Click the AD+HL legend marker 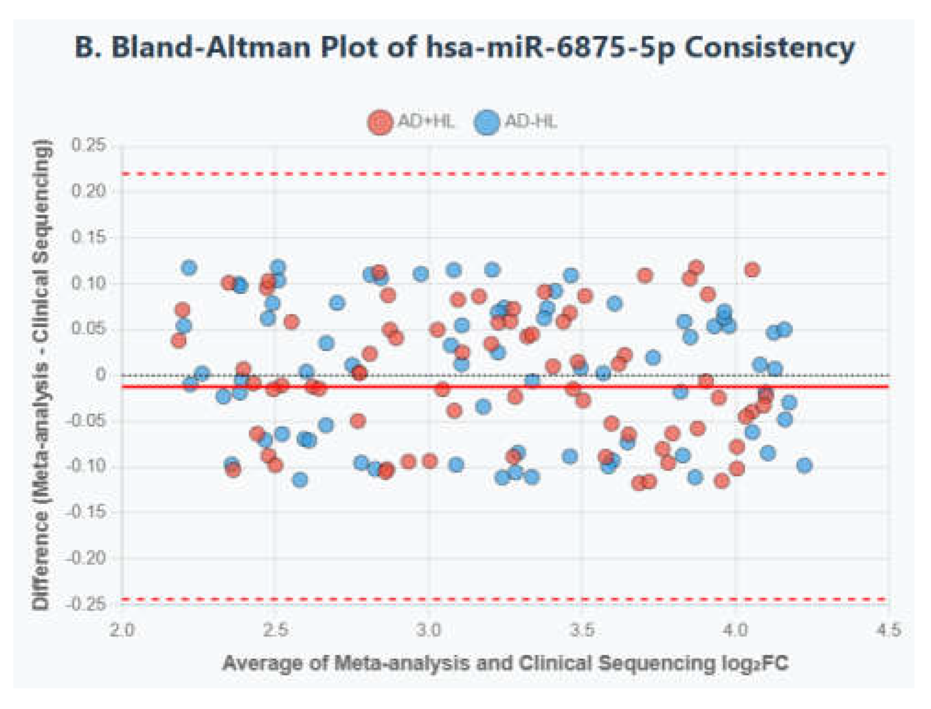380,122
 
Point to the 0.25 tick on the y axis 89,145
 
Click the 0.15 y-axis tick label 89,237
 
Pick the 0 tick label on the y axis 101,375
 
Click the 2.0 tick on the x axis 122,630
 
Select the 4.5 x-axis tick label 888,630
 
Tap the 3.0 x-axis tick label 428,630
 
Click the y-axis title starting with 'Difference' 41,375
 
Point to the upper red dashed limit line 505,174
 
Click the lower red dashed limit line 505,599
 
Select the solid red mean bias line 505,387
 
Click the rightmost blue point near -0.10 804,465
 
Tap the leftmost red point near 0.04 178,341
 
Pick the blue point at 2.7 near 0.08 337,303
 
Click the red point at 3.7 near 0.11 645,275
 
